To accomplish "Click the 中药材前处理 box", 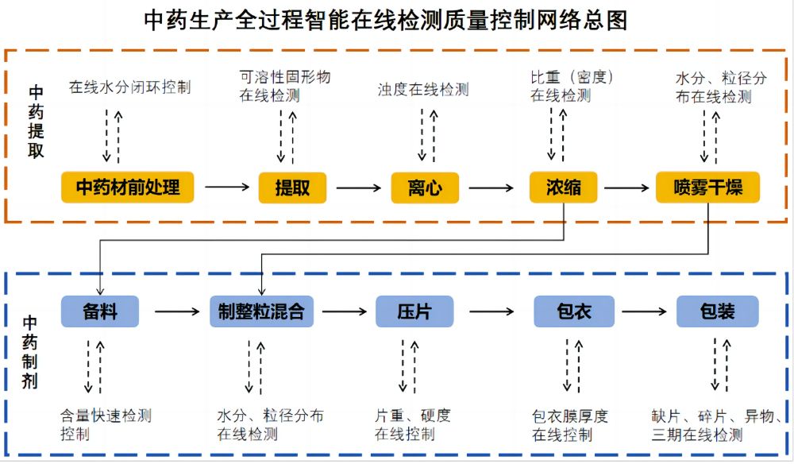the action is coord(128,188).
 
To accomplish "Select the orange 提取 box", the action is coord(292,188).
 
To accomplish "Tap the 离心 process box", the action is coord(425,188).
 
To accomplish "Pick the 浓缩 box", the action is coord(563,188).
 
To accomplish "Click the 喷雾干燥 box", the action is coord(707,188).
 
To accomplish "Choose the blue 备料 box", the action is coord(100,311).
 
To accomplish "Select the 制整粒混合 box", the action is coord(261,311).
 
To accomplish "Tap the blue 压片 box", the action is coord(414,311).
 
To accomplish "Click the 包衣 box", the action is coord(574,311).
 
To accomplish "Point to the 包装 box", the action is coord(718,311).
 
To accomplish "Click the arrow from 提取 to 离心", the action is coord(359,188).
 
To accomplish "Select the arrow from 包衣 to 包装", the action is coord(644,311).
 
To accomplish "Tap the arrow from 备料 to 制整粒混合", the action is coord(177,311).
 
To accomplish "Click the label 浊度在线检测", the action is coord(423,90).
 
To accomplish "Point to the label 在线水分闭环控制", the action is coord(129,87).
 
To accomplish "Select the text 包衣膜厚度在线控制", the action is coord(569,426).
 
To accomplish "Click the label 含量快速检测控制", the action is coord(106,425).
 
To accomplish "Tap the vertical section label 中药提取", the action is coord(36,122).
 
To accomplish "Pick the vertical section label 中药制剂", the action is coord(29,352).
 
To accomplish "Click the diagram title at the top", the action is coord(386,21).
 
